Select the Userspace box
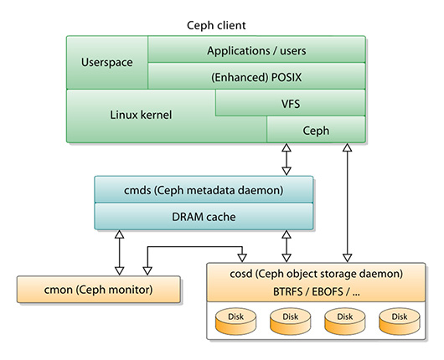point(106,63)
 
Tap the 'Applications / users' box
point(256,50)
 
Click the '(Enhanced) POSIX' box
point(256,76)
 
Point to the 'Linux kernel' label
point(141,115)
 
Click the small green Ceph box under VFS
point(316,129)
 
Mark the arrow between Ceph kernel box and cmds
point(287,159)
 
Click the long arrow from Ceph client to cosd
point(347,201)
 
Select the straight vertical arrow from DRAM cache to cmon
point(119,251)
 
